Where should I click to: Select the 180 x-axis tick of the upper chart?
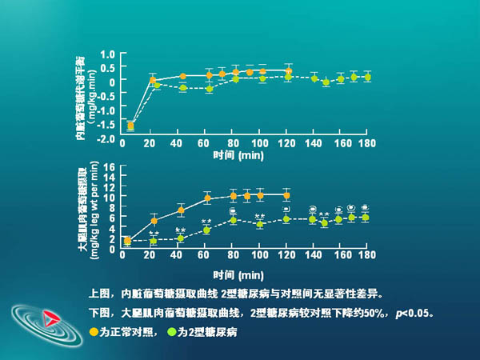(x=367, y=143)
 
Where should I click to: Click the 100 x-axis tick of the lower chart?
(x=258, y=254)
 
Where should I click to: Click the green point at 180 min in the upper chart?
(x=367, y=78)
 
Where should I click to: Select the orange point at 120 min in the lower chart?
(x=286, y=195)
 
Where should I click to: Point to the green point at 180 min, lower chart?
(x=366, y=218)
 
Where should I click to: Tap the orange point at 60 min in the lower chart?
(x=207, y=198)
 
